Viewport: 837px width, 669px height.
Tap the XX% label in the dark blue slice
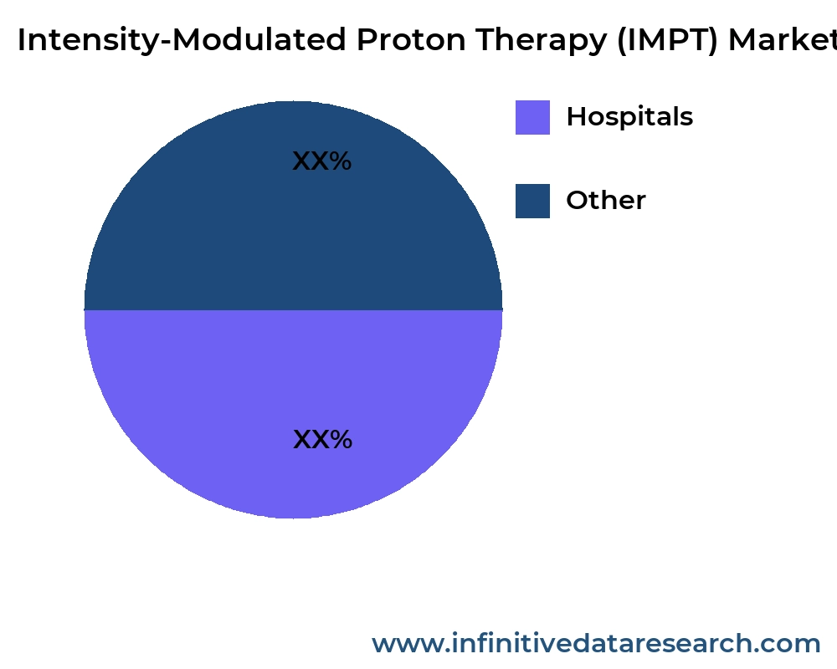coord(322,161)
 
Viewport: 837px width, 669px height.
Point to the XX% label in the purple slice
coord(322,440)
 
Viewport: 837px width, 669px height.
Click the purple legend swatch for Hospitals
coord(532,117)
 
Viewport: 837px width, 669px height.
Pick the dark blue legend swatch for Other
coord(532,201)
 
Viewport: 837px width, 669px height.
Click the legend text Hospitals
coord(629,117)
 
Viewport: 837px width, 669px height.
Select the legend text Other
coord(606,201)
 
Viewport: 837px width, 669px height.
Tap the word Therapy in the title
coord(540,40)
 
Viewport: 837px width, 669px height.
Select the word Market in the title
coord(783,40)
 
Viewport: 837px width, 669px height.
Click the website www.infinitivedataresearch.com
coord(596,644)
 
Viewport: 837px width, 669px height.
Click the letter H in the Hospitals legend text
coord(576,117)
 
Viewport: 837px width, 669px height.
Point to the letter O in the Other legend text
coord(577,201)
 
